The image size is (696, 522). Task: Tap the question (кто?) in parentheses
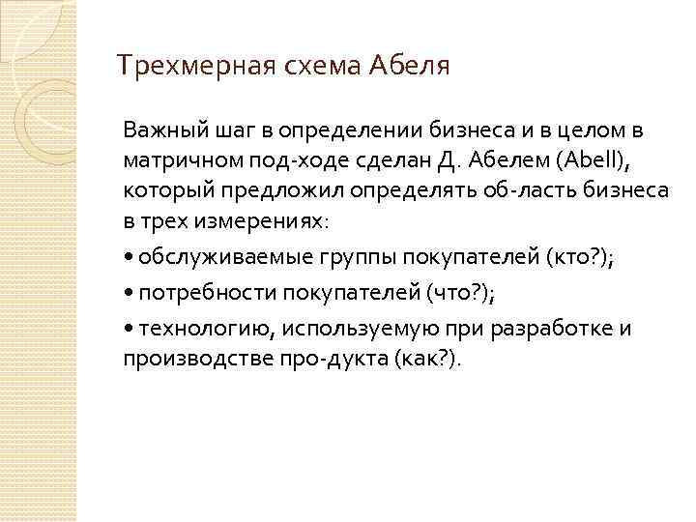point(583,257)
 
